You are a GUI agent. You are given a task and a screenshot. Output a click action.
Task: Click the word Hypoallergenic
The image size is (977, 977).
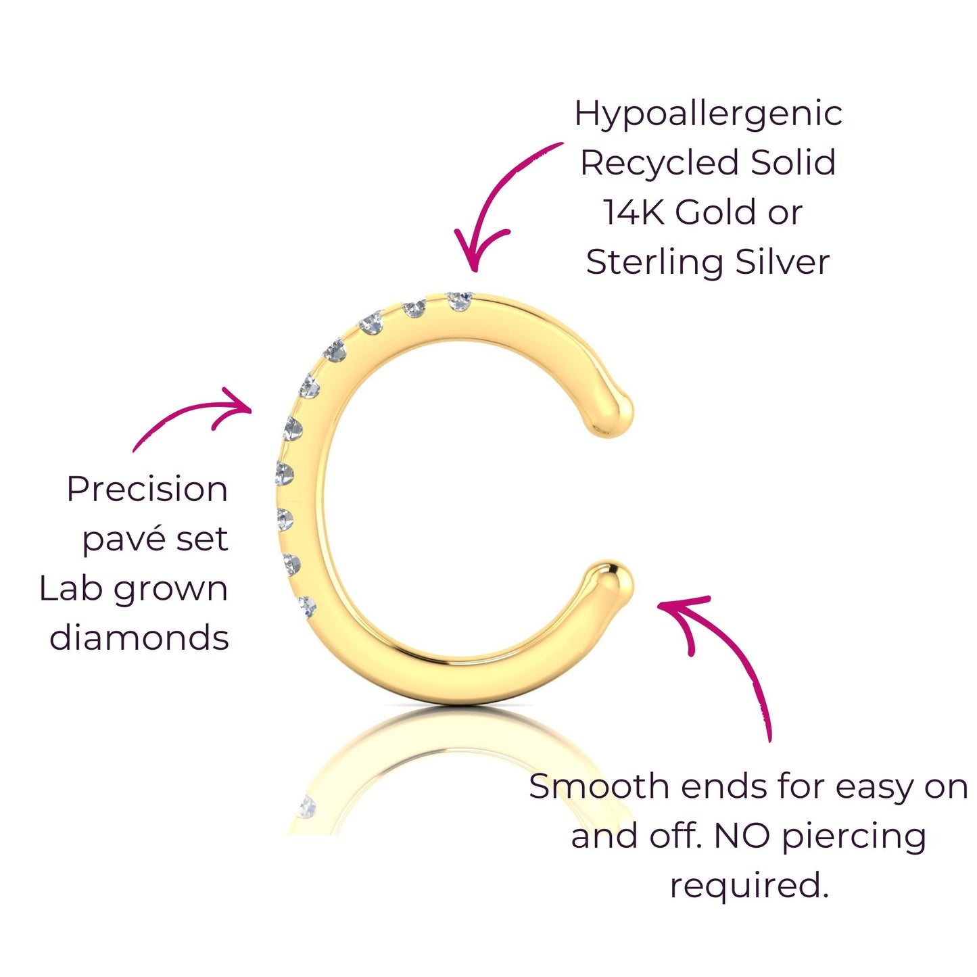click(708, 114)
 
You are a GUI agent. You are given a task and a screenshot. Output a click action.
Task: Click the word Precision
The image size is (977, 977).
click(147, 489)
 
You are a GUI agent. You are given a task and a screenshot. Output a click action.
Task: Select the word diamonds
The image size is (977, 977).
click(139, 638)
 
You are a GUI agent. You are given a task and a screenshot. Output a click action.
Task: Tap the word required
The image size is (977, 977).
click(748, 886)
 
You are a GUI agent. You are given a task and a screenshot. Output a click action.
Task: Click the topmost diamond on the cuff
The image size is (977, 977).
click(460, 300)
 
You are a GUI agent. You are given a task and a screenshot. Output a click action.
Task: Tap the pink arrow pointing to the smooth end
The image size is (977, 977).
click(723, 649)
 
